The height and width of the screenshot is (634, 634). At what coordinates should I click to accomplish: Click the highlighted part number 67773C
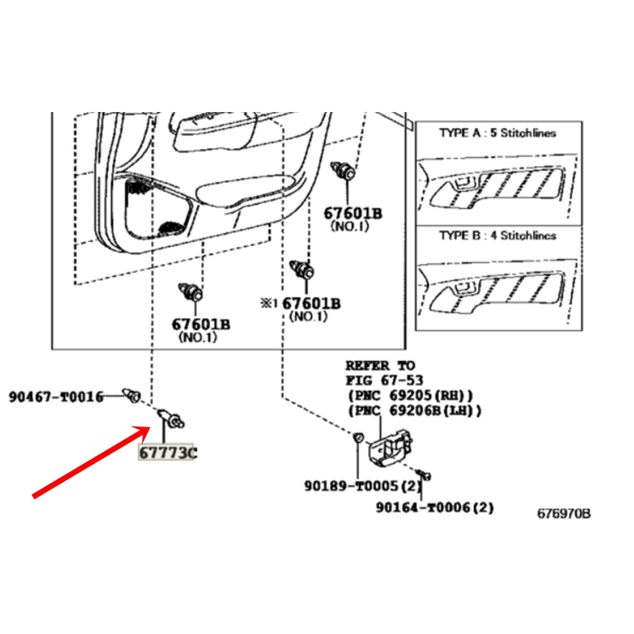[168, 453]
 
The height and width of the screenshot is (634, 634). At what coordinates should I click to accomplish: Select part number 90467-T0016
[56, 397]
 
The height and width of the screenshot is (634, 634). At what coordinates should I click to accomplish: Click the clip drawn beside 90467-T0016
[132, 395]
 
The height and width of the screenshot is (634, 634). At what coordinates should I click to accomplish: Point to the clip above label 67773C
[171, 419]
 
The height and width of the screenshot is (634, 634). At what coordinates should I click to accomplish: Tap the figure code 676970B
[563, 513]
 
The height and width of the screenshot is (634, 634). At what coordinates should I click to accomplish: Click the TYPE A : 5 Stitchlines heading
[497, 132]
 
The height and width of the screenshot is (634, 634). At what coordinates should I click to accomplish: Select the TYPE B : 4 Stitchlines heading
[497, 235]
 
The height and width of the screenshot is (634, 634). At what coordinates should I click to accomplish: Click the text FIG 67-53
[384, 380]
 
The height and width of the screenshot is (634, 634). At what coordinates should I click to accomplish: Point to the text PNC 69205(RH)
[410, 395]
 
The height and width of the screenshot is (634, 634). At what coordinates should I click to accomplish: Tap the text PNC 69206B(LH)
[415, 410]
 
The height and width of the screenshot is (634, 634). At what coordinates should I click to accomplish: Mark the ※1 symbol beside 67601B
[269, 303]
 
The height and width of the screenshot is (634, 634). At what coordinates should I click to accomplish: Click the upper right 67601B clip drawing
[343, 170]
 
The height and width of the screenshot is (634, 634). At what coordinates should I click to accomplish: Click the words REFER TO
[380, 365]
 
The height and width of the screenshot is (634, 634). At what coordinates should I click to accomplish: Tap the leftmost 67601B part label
[201, 324]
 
